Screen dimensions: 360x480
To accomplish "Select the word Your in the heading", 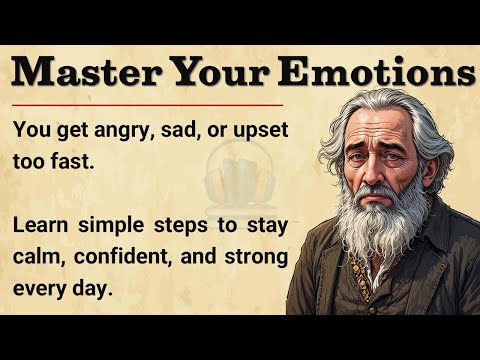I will pos(222,73).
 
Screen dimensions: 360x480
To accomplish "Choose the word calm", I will pos(38,256).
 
